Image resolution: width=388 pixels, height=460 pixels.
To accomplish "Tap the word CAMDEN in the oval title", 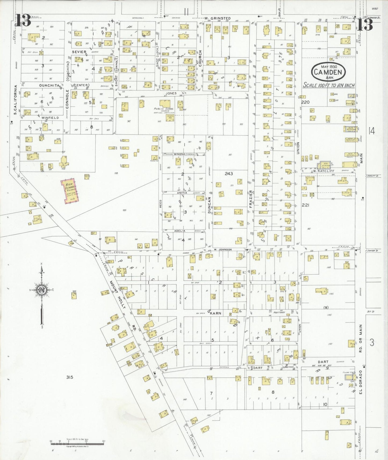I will coord(328,72).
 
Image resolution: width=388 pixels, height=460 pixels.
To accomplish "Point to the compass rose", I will coord(42,290).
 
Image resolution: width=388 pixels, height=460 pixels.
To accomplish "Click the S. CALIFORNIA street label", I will coord(16,100).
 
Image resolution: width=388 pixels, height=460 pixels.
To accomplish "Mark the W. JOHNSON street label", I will coord(223,250).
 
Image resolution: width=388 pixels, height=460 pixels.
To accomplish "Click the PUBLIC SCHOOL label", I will coord(164,109).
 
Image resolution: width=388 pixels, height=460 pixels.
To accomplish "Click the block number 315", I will coord(70,377).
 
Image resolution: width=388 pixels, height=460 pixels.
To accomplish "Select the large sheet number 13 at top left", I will coord(24,20).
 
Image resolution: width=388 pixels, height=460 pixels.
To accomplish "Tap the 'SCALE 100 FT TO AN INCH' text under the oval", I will coord(329,85).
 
